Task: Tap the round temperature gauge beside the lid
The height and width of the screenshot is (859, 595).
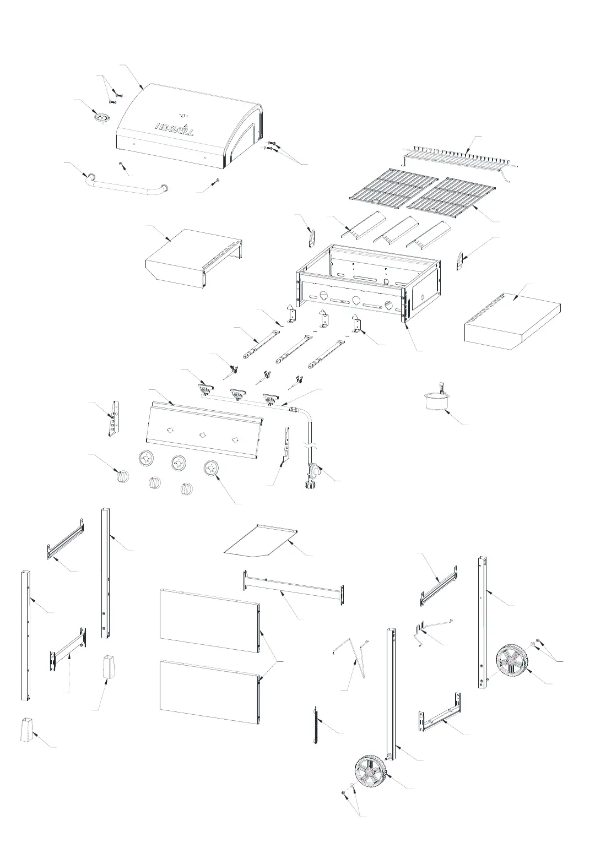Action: [101, 118]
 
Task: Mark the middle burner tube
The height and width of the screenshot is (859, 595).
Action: [294, 351]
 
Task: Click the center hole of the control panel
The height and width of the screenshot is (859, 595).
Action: [203, 434]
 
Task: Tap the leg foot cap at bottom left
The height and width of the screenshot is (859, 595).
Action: [28, 730]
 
